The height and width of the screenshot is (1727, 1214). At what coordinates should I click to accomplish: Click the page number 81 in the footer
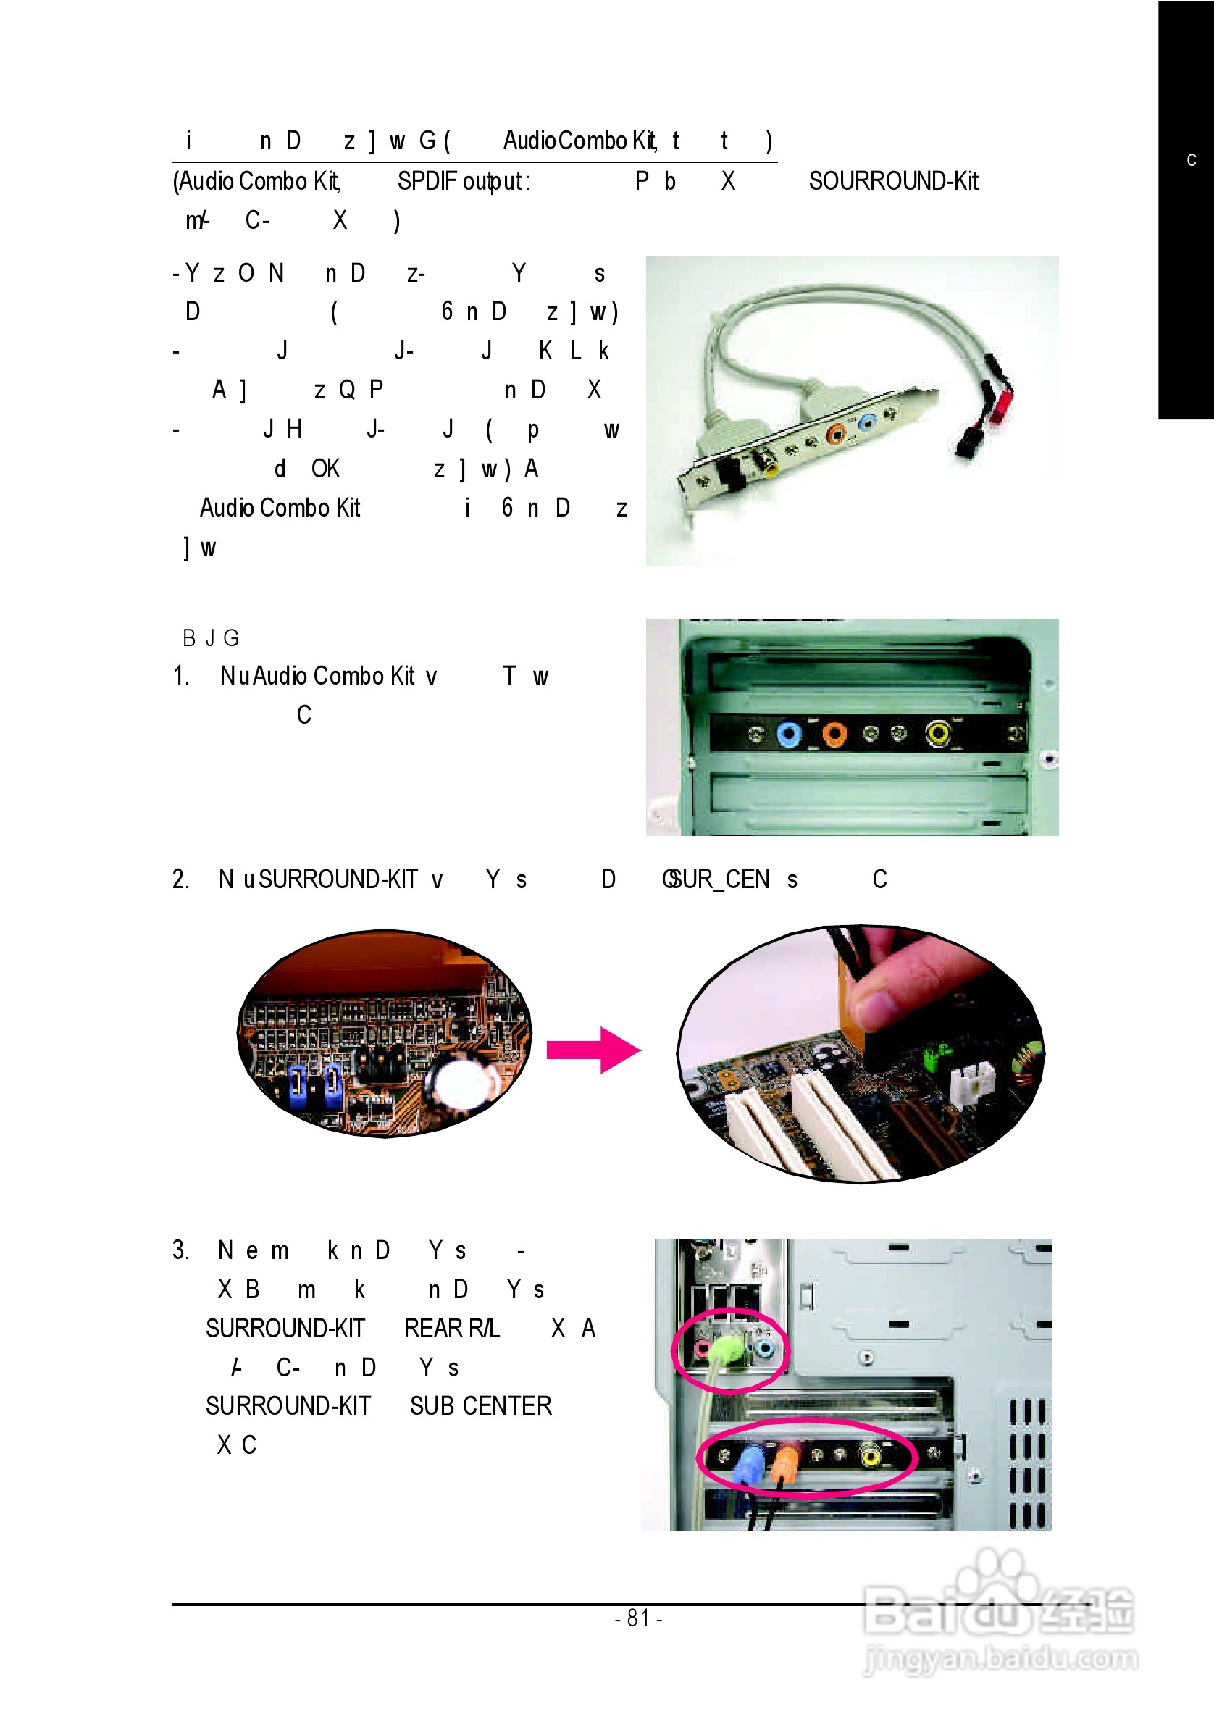[x=639, y=1617]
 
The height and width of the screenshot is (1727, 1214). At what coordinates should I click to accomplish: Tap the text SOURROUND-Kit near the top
[x=894, y=181]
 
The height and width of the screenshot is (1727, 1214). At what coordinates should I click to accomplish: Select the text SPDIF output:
[x=464, y=181]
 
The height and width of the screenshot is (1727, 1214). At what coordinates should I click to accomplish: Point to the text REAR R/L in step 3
[x=451, y=1329]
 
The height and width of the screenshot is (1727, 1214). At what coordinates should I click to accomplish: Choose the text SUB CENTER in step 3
[x=481, y=1406]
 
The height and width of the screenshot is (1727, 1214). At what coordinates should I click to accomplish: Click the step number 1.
[x=180, y=675]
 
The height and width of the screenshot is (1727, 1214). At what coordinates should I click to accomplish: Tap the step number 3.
[x=180, y=1250]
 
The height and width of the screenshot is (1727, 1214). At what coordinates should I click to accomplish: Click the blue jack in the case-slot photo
[x=788, y=733]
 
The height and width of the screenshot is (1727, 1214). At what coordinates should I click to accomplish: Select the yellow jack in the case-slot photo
[x=938, y=732]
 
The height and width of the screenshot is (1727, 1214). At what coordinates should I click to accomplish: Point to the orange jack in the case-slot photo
[x=834, y=733]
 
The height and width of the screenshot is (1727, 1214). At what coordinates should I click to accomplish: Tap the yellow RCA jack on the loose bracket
[x=769, y=468]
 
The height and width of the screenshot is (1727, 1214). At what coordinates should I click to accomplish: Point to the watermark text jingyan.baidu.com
[x=1001, y=1659]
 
